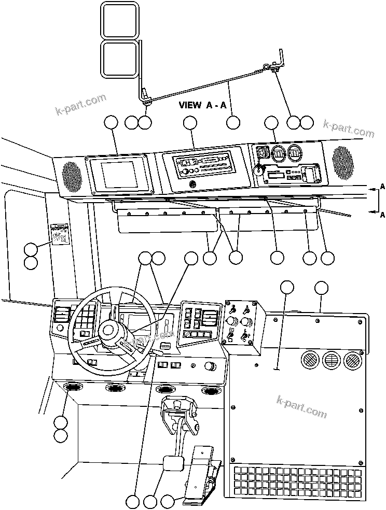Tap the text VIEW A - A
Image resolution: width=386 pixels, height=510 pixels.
202,105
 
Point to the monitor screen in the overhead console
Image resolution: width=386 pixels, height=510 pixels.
119,174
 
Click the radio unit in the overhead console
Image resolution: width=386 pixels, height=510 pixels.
203,165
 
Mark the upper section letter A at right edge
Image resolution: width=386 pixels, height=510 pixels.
382,186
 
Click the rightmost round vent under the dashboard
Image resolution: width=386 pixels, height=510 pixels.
210,390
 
